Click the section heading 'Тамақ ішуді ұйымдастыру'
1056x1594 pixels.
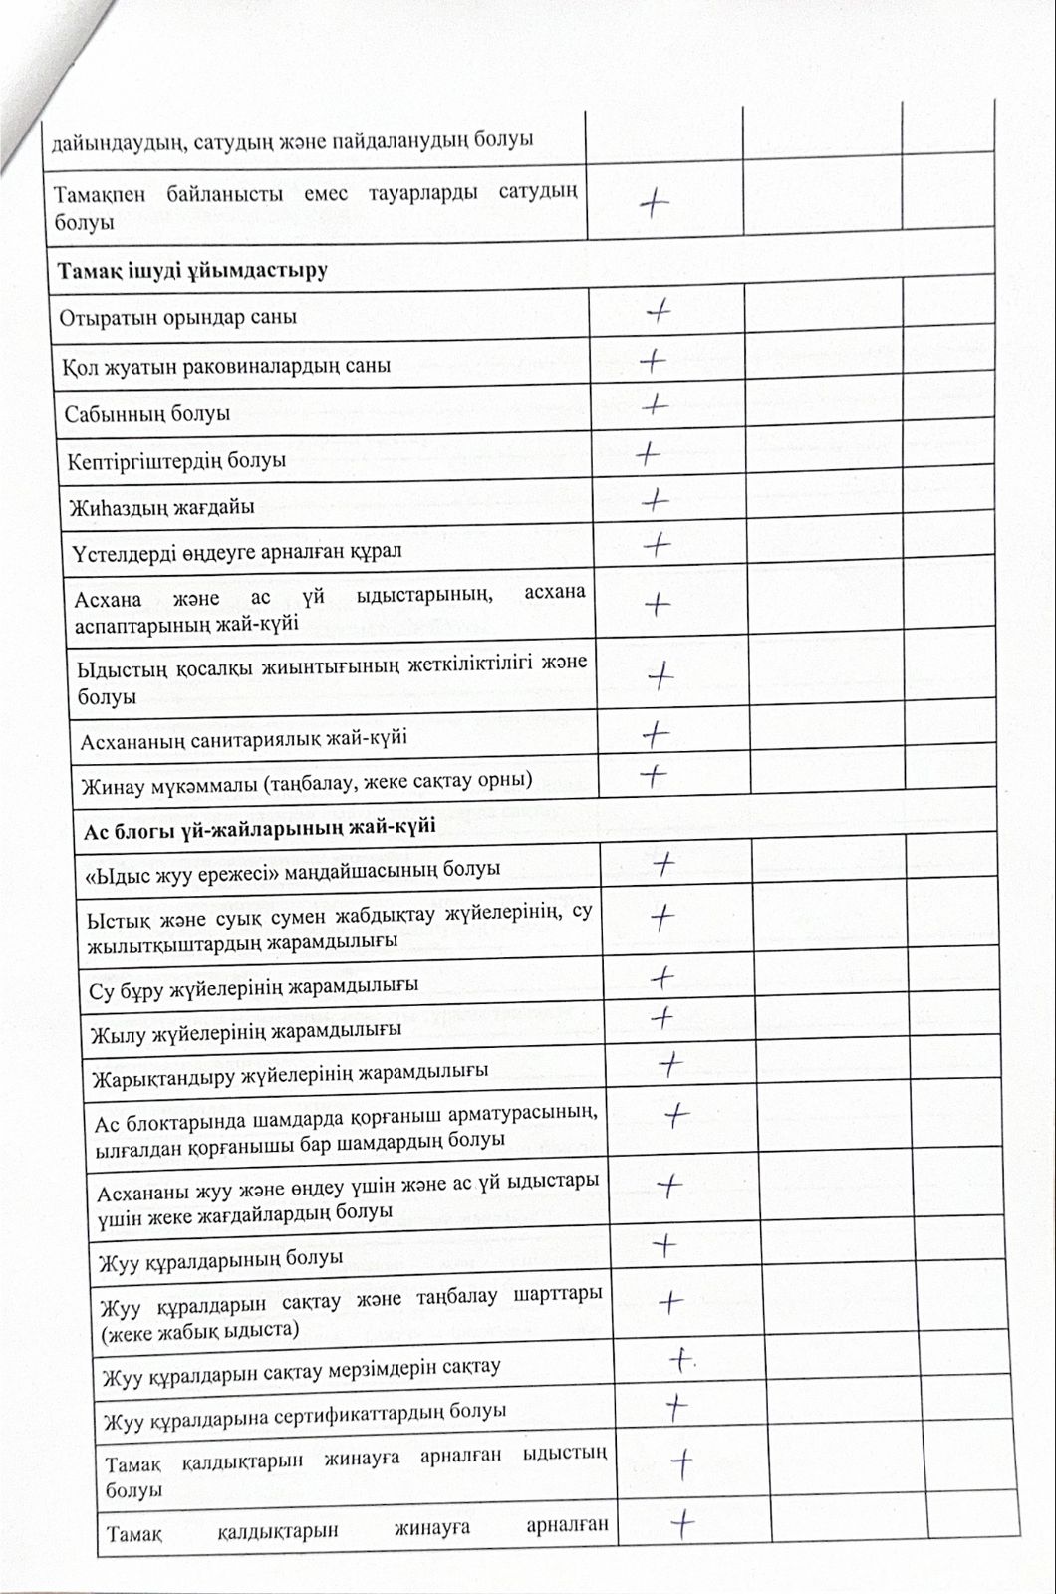(192, 270)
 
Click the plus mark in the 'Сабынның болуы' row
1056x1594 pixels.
(654, 404)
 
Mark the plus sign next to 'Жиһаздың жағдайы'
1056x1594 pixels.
(654, 499)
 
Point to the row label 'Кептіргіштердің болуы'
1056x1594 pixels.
(176, 461)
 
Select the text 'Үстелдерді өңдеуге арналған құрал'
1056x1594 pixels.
(237, 551)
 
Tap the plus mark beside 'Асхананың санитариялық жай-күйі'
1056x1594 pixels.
(656, 734)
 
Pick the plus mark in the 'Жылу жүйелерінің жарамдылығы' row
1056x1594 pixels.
(661, 1017)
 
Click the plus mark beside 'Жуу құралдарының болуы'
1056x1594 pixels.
(663, 1244)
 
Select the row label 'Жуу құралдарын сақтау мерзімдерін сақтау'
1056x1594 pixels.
(299, 1370)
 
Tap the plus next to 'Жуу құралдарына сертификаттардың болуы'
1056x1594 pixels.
(676, 1405)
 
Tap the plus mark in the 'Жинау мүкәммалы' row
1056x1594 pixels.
(653, 774)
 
